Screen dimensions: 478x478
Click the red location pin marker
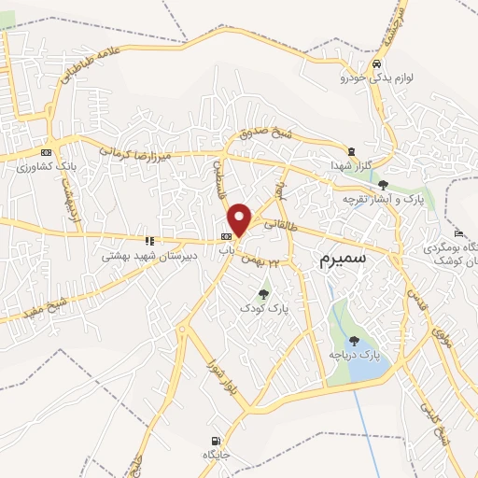tap(240, 219)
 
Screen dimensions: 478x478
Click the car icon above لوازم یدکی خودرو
tap(375, 64)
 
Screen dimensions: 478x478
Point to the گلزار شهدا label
tap(351, 164)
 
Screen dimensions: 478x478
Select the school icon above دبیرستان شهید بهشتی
tap(150, 240)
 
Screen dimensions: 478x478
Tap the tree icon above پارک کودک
tap(262, 285)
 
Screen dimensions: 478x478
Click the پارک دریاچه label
tap(355, 356)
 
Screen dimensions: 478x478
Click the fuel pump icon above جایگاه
tap(217, 441)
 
